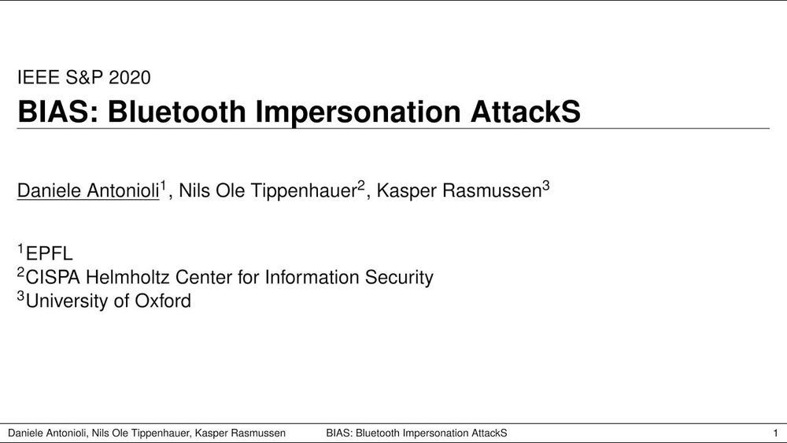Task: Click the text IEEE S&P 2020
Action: [84, 77]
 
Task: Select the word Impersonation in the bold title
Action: [358, 113]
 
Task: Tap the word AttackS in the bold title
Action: [526, 112]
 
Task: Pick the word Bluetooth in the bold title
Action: [176, 112]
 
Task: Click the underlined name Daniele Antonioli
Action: [88, 190]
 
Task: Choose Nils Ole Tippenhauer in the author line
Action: [268, 190]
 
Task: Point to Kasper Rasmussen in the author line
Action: [459, 190]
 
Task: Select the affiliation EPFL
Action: [49, 254]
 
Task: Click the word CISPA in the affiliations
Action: [54, 278]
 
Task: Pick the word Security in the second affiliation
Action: [399, 278]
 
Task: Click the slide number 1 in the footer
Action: [775, 433]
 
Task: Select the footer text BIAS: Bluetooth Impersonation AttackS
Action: [416, 433]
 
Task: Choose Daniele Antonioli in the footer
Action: [48, 433]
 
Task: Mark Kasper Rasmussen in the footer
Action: [240, 433]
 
